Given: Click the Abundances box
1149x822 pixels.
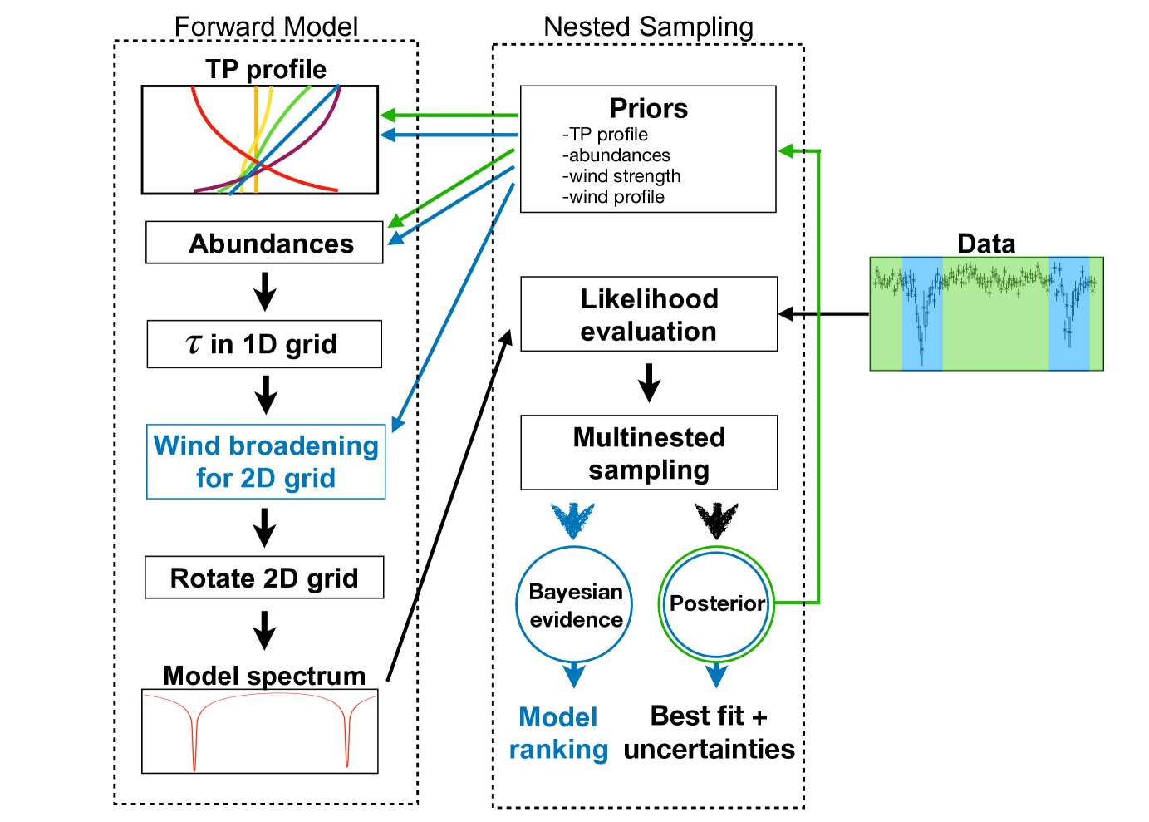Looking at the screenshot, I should coord(264,243).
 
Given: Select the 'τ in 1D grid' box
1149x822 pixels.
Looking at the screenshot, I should coord(264,344).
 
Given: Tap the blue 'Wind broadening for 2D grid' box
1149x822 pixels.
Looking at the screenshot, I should coord(266,462).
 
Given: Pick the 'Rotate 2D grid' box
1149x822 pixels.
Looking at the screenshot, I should coord(264,578).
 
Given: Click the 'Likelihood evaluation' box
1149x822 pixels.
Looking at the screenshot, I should coord(649,314).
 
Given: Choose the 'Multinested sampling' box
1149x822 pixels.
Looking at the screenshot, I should coord(649,453).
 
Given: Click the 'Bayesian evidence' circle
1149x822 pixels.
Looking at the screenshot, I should coord(575,605).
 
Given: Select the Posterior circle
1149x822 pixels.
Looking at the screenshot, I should coord(716,603).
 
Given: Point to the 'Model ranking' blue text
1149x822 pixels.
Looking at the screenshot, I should coord(558,733).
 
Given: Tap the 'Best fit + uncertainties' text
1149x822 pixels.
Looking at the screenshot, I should coord(709,732).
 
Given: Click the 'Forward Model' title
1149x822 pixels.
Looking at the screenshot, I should coord(266,27).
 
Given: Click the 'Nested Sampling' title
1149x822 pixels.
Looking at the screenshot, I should coord(648,27).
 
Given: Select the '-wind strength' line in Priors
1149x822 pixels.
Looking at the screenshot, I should coord(621,176).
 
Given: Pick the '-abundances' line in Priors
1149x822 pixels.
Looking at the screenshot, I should coord(616,155).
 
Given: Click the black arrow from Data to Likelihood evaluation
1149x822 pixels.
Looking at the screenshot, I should coord(823,314).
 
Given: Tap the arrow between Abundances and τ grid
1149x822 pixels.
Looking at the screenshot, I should coord(265,292).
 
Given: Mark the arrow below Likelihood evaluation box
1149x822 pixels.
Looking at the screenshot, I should coord(649,383).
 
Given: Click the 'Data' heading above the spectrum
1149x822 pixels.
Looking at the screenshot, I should coord(986,244).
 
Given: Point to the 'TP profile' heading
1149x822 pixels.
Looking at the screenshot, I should coord(266,69).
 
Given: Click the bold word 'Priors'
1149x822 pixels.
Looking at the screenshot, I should coord(648,108).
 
